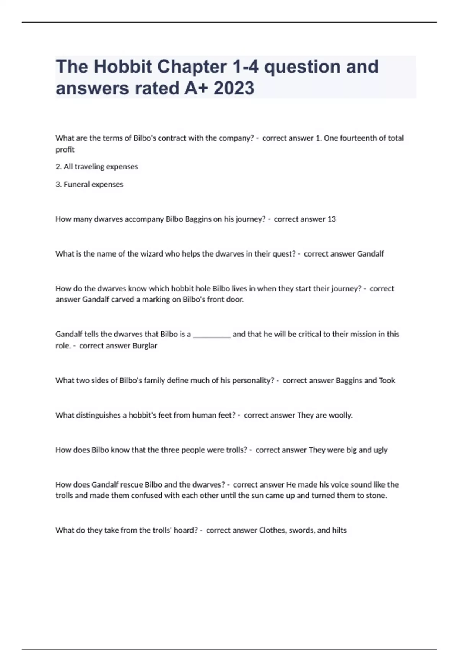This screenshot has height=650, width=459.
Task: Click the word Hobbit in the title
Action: [122, 67]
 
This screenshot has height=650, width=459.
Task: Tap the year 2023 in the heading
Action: [234, 88]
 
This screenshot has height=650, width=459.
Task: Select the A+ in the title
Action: [196, 88]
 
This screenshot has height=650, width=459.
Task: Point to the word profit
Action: [65, 149]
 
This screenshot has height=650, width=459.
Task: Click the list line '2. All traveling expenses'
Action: [97, 167]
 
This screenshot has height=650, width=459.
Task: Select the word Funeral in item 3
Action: [76, 184]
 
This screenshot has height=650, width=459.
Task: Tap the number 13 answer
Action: [331, 219]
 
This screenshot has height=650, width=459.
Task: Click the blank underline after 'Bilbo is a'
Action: [212, 335]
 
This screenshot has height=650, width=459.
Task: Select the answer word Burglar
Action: [145, 346]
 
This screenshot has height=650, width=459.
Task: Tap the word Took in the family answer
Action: [387, 380]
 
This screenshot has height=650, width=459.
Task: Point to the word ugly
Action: [380, 450]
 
